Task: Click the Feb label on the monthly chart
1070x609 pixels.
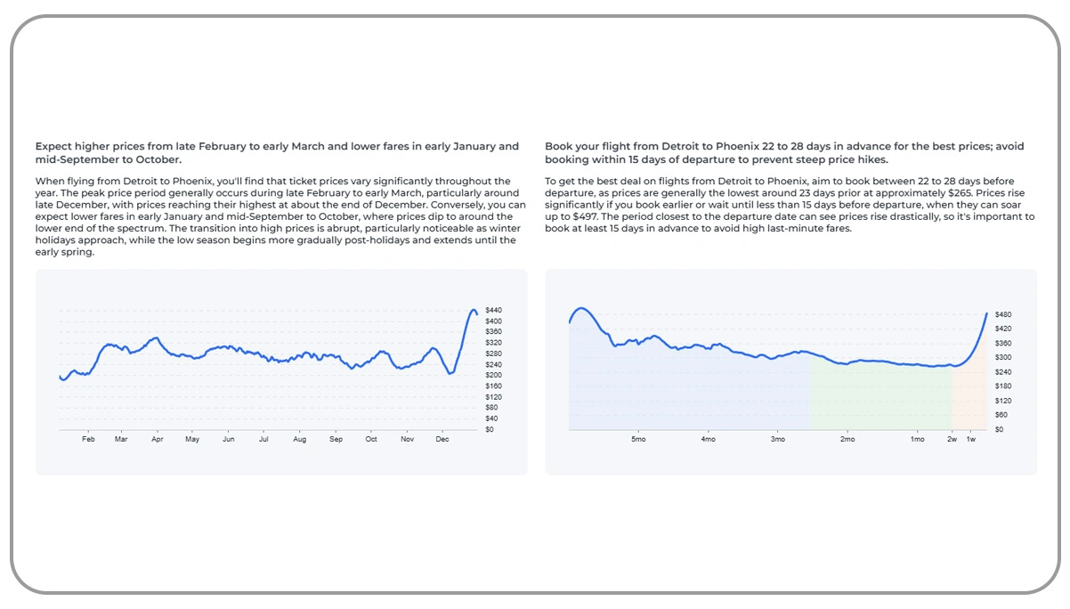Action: pos(88,439)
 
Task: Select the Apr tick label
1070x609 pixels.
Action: pos(158,439)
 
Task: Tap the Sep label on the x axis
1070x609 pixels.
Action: pos(336,439)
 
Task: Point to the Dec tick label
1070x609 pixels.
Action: pos(442,439)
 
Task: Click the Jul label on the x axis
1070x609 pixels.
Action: pos(263,439)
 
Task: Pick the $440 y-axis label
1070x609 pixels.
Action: pos(493,310)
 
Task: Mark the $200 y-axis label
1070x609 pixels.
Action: pos(493,375)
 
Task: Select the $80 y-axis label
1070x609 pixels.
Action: pos(491,408)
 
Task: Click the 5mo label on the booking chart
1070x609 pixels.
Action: pos(638,439)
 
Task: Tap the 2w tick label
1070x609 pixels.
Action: pos(952,439)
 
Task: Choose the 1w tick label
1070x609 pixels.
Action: pos(971,439)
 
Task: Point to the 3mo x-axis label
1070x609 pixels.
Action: pos(778,439)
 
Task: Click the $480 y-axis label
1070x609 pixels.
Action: pos(1003,315)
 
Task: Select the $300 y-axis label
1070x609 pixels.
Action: pos(1003,358)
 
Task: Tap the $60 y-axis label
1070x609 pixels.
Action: pos(1001,415)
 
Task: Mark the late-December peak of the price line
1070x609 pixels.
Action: pos(474,309)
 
